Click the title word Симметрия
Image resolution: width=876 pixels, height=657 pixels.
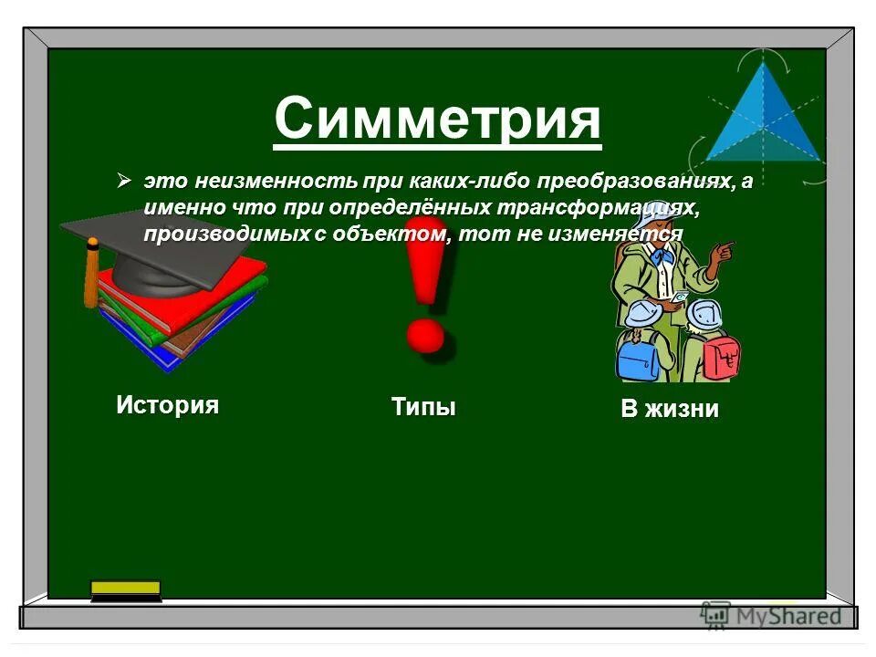tap(437, 120)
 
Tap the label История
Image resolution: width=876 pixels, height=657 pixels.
tap(167, 404)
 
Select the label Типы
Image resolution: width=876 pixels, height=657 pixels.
tap(423, 406)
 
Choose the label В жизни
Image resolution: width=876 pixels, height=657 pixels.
tap(670, 410)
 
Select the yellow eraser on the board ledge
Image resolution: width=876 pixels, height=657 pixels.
tap(126, 589)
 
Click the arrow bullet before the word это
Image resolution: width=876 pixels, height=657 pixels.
tap(126, 181)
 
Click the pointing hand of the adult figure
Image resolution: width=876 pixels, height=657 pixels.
tap(725, 248)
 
